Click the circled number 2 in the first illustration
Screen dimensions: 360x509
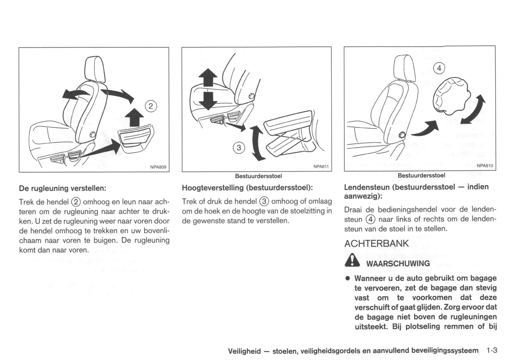pos(151,106)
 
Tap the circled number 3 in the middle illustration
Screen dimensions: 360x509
pos(239,148)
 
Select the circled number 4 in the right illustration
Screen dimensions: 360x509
pos(439,68)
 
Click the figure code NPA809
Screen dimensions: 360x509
pos(158,167)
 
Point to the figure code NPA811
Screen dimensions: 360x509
pos(321,167)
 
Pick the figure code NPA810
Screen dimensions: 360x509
pos(485,166)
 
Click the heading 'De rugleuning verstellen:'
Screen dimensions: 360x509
pos(62,188)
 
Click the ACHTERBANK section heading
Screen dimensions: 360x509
pos(376,244)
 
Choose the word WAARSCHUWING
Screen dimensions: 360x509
pos(398,263)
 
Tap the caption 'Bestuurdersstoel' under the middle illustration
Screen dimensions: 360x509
pos(258,176)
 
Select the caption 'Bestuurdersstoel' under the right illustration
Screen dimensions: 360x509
pos(421,175)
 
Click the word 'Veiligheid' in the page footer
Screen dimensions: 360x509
pos(244,351)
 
